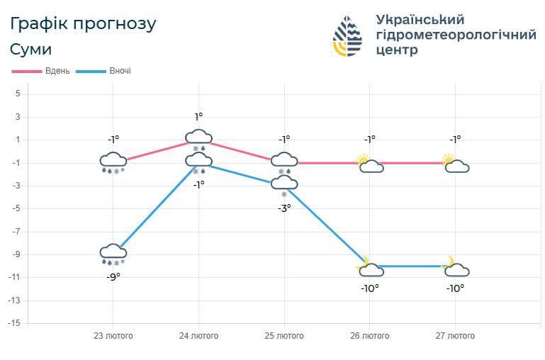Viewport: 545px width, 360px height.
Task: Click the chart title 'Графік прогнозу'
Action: [83, 23]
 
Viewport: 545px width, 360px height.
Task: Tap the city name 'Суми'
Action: [30, 50]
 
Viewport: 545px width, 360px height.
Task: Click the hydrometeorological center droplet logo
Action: [347, 36]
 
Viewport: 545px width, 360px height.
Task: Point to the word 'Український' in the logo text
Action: [420, 19]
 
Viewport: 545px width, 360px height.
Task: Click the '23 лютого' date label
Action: [113, 336]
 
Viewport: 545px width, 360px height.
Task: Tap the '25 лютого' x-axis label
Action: [284, 336]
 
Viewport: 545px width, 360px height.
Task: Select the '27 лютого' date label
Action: [455, 336]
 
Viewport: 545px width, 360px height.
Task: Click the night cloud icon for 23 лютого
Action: [113, 252]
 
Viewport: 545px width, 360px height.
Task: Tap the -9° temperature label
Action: [113, 276]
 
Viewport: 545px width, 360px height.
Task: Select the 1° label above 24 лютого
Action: [198, 117]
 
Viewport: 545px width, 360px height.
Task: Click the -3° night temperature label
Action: [284, 208]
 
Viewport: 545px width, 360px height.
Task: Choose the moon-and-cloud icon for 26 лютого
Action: [370, 267]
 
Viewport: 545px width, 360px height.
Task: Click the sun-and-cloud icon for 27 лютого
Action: [455, 164]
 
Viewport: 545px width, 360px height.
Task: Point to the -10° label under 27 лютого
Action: [455, 288]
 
